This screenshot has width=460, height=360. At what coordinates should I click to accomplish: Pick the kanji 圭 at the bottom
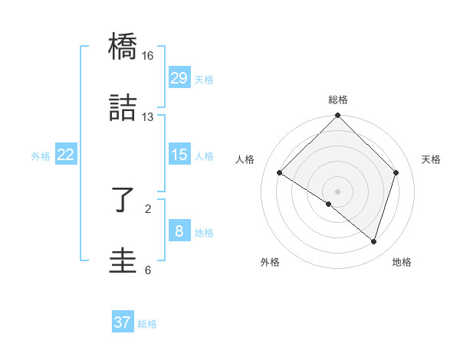pos(123,260)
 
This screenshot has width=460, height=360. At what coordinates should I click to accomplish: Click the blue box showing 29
pos(179,78)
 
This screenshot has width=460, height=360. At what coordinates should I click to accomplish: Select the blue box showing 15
pos(179,155)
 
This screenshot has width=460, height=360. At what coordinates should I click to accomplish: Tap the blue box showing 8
pos(179,231)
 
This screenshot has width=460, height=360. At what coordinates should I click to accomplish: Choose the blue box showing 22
pos(66,155)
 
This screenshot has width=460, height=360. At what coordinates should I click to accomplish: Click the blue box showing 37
pos(123,322)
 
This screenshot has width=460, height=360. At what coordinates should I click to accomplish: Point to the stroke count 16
pos(147,56)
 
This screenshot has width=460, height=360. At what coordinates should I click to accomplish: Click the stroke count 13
pos(147,116)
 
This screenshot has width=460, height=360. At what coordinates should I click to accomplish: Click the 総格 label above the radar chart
pos(338,100)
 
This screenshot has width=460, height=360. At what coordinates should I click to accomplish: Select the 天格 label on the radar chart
pos(431,159)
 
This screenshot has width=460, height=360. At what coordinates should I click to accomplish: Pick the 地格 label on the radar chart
pos(402,262)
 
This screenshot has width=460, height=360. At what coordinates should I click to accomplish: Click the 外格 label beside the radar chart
pos(270,262)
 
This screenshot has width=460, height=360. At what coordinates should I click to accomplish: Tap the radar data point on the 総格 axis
pos(338,116)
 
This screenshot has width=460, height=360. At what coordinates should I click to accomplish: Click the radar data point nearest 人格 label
pos(280,173)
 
